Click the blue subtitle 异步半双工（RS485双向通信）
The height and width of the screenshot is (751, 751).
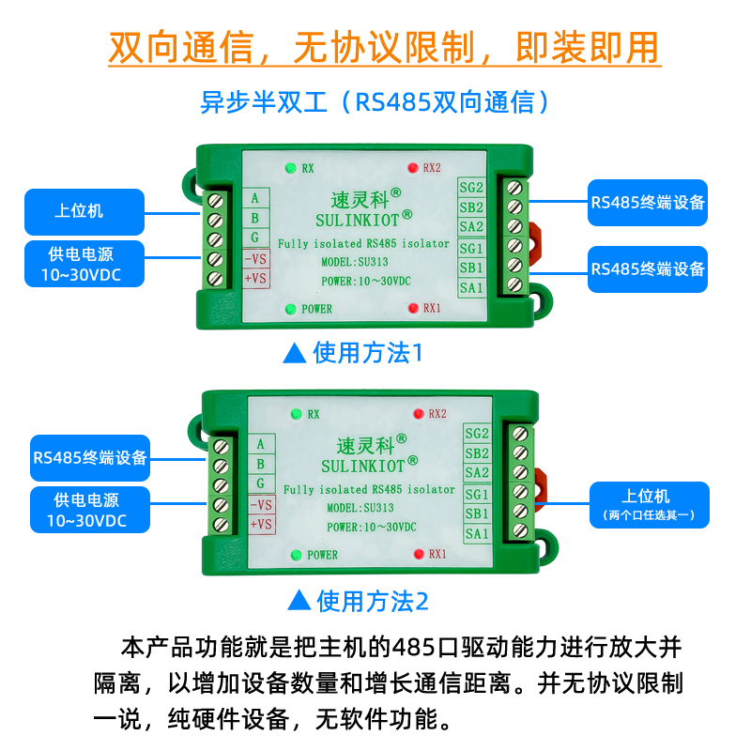[375, 101]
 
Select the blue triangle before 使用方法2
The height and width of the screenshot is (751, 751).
[299, 600]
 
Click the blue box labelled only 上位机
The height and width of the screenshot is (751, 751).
[84, 211]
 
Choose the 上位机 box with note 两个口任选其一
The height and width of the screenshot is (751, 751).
[649, 503]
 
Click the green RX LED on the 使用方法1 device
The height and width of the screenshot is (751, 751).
[290, 168]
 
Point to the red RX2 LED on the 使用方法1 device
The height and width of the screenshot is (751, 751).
[412, 168]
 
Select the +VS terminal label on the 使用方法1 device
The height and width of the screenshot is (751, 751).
[256, 279]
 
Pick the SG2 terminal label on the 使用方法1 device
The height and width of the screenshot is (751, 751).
[471, 187]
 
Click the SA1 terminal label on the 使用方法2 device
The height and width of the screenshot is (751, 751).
[477, 534]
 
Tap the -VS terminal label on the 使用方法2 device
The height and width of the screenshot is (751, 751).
[261, 505]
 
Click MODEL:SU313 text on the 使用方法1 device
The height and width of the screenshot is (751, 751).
[347, 261]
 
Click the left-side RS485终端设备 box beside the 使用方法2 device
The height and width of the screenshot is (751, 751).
[90, 457]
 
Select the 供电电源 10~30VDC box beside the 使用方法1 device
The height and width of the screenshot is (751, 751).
[84, 263]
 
